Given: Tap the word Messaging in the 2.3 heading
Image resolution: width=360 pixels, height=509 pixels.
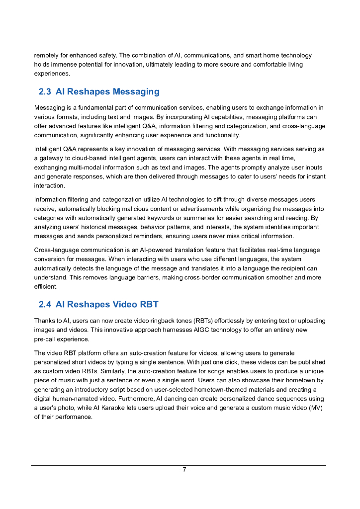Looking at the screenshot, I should (x=136, y=92).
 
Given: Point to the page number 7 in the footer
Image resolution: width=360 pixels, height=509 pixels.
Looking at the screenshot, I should (x=184, y=470).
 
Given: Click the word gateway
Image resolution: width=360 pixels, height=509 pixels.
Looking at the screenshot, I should (x=52, y=158).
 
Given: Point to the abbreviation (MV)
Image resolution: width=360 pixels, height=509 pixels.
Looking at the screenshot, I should (x=315, y=408).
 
